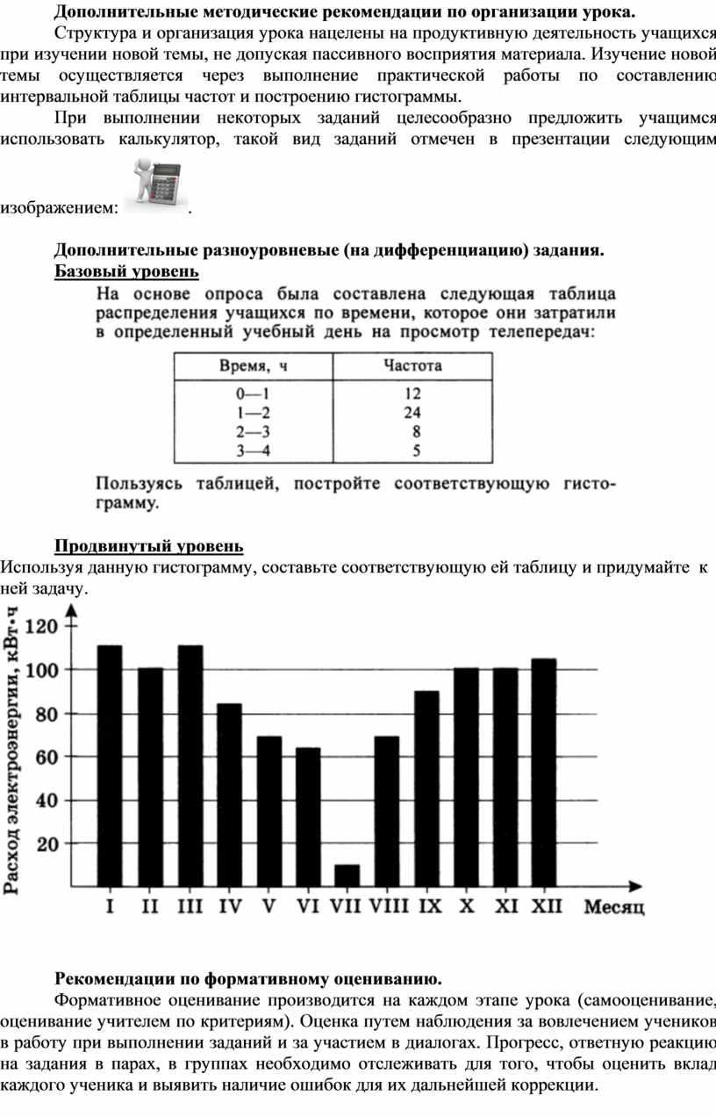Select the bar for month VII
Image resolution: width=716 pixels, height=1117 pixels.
click(x=347, y=876)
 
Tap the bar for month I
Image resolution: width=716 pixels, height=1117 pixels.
click(x=110, y=766)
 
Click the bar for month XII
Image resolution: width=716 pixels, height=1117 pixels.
click(x=544, y=772)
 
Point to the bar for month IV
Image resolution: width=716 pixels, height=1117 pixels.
click(x=229, y=795)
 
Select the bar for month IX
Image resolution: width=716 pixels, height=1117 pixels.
click(x=426, y=789)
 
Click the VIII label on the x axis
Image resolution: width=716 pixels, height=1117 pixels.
click(x=390, y=906)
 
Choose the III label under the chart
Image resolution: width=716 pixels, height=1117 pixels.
click(x=190, y=906)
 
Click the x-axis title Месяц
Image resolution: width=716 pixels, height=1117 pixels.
click(x=614, y=907)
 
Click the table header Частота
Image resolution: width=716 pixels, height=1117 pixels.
click(x=412, y=365)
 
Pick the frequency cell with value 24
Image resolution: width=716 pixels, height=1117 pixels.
click(x=412, y=413)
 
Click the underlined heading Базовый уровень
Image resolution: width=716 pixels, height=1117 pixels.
click(x=127, y=270)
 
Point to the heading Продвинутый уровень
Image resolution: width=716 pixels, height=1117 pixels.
click(x=149, y=547)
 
